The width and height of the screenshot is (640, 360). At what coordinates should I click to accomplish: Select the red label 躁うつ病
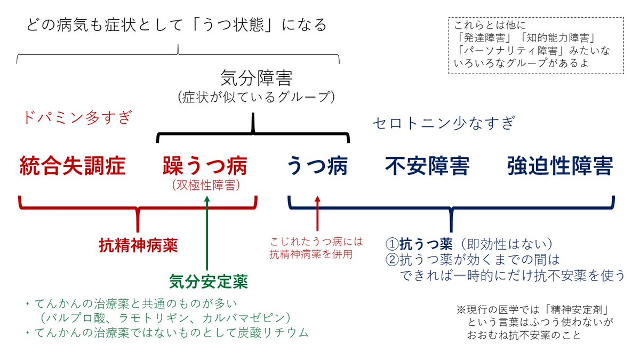pos(205,166)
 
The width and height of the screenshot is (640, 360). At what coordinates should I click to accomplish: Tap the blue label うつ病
pos(317,166)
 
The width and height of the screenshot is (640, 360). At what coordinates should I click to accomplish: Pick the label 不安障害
pos(427,166)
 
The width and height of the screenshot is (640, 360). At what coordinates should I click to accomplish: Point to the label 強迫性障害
pos(559,166)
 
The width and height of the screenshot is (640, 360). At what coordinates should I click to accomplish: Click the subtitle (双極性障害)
pos(206,185)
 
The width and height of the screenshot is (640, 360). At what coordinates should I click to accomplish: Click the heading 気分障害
pos(256,79)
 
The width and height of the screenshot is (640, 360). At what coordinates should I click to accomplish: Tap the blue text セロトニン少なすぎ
pos(443,123)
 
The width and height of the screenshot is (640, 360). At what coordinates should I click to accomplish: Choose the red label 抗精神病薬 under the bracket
pos(139,246)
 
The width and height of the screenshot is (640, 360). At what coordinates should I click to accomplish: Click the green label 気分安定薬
pos(209,281)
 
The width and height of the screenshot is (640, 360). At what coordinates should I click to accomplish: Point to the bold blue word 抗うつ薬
pos(426,244)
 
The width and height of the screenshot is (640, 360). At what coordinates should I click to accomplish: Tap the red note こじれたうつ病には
pos(316,242)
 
